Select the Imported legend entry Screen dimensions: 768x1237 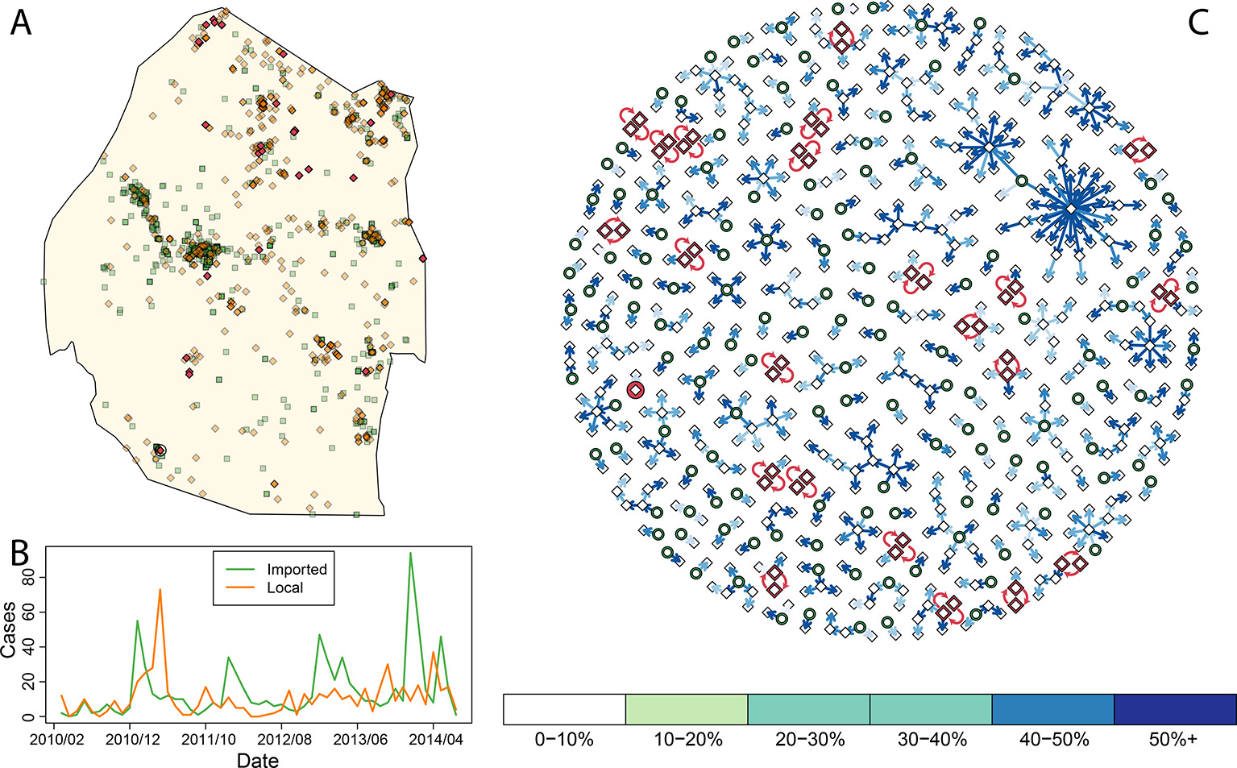[297, 569]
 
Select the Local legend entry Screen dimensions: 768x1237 [284, 587]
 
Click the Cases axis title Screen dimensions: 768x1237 [9, 629]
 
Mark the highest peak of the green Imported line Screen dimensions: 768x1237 [411, 553]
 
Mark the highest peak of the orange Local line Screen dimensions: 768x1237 [160, 590]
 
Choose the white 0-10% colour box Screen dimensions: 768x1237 [564, 709]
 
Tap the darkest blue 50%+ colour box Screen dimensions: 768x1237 [1175, 709]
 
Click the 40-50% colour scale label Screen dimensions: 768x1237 [1054, 739]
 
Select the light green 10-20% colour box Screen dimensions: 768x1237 [687, 709]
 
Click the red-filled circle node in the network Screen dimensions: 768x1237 [636, 390]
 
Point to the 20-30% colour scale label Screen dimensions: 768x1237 [809, 739]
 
